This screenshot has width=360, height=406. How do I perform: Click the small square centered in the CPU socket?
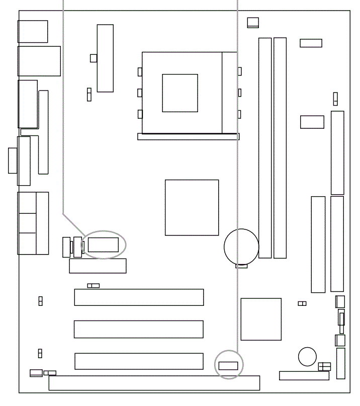[179, 93]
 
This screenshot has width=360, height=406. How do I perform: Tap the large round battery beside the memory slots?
[241, 247]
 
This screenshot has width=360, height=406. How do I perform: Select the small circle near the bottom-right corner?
[307, 357]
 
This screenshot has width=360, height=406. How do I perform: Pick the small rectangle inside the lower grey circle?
[228, 365]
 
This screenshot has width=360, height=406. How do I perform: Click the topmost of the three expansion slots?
[139, 297]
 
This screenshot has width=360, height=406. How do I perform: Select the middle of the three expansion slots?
[139, 329]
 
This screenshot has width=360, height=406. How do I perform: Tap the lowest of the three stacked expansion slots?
[139, 361]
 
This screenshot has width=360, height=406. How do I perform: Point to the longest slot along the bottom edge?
[154, 383]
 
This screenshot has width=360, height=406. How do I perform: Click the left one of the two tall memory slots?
[264, 148]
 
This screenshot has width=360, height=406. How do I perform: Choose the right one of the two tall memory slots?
[280, 148]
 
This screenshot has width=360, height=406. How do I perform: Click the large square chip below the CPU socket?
[192, 207]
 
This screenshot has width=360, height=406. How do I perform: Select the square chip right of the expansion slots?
[260, 319]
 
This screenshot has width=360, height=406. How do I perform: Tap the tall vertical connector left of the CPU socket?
[105, 58]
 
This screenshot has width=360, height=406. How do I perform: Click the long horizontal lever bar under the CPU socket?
[189, 136]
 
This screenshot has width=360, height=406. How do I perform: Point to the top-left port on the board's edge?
[33, 31]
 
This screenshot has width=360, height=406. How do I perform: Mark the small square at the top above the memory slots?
[253, 22]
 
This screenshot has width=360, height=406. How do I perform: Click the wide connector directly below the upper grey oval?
[98, 266]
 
